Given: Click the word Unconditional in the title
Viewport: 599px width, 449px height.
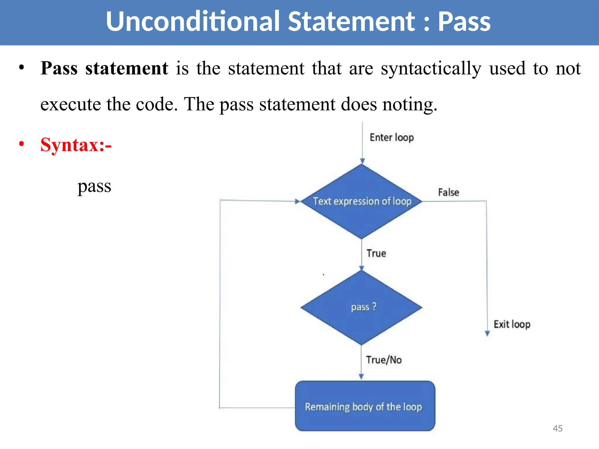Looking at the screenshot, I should (193, 22).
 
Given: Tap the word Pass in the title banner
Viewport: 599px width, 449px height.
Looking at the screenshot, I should (464, 22).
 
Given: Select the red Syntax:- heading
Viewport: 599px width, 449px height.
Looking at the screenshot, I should (76, 145).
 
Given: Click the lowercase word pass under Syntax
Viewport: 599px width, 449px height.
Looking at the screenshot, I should (94, 186).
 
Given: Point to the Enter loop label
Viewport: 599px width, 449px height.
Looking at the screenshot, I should (392, 137).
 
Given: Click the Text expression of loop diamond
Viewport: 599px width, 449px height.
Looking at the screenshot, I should (362, 201).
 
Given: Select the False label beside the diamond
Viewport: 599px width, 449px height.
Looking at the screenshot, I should (448, 192).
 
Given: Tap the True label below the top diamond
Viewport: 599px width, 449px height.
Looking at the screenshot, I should (376, 253).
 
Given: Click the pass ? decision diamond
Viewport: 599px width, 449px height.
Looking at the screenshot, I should (362, 308).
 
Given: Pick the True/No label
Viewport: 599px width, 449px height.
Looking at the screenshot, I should (384, 360).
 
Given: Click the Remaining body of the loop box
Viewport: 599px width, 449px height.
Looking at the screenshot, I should (365, 406).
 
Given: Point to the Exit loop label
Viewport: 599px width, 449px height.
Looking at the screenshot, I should (512, 324).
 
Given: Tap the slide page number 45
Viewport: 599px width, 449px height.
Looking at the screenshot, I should (557, 429).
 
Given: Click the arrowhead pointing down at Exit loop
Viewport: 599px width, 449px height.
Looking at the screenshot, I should (487, 334).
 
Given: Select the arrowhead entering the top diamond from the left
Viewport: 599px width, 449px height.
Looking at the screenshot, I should (297, 201).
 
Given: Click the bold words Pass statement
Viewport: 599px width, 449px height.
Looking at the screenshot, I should (104, 68).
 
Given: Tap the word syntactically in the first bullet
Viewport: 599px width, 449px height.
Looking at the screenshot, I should (431, 69).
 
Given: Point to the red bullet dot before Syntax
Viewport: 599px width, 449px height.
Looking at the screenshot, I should (21, 144).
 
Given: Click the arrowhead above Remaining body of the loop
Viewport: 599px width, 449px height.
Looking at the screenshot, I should (361, 377).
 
